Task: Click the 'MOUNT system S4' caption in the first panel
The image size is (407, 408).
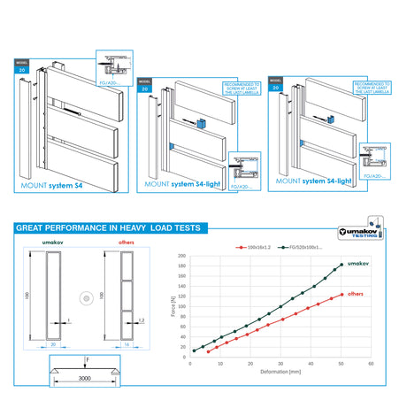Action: click(x=51, y=188)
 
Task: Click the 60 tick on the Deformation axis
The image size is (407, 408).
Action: click(x=371, y=363)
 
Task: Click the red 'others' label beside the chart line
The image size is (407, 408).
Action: click(x=357, y=293)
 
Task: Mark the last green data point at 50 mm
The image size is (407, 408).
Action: click(x=342, y=264)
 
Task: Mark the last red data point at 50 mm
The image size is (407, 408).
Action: click(x=342, y=295)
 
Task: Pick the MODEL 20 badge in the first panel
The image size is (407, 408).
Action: click(x=22, y=66)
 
